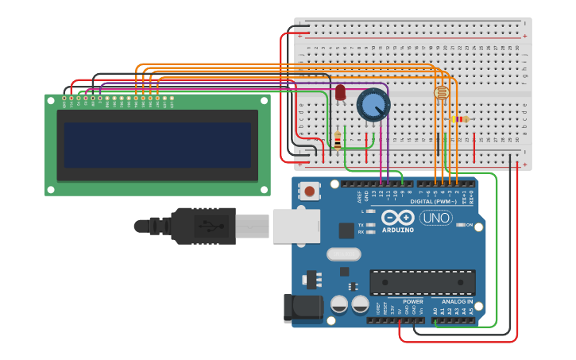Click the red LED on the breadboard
[x=340, y=93]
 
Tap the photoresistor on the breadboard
[x=440, y=94]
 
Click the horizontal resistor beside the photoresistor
[x=458, y=119]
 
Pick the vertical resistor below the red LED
[x=338, y=141]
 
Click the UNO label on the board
[x=435, y=218]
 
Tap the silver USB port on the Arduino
[x=296, y=226]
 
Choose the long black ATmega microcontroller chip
[x=422, y=282]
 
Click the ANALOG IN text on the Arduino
[x=457, y=302]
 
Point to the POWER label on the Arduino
[x=413, y=302]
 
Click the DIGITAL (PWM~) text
[x=433, y=201]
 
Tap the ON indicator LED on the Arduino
[x=462, y=225]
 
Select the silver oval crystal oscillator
[x=343, y=254]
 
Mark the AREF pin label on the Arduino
[x=359, y=195]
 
